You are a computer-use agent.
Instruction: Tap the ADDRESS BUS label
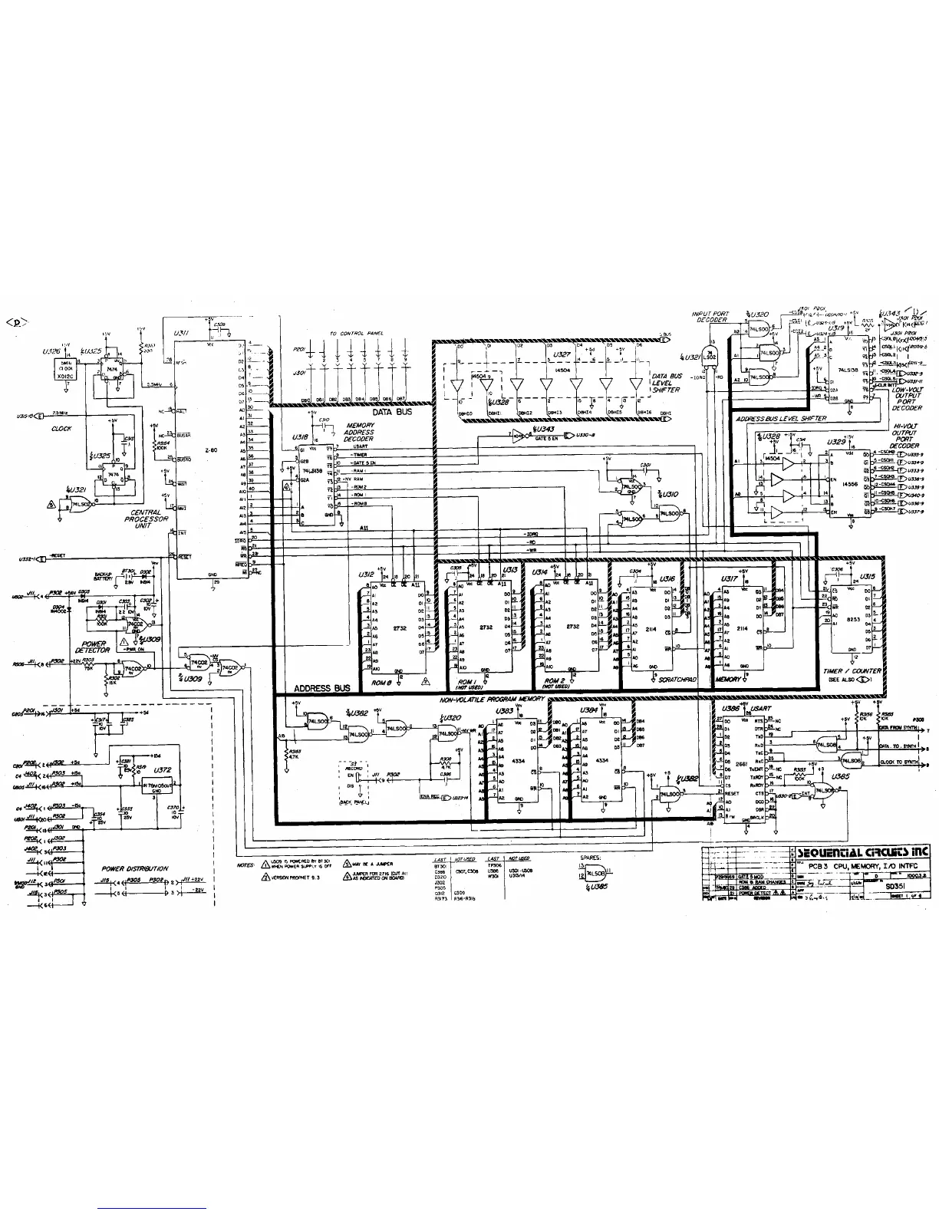(323, 688)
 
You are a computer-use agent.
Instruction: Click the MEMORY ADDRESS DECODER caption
(359, 432)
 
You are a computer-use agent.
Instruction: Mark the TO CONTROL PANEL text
(357, 334)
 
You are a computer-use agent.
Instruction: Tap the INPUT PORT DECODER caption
(710, 317)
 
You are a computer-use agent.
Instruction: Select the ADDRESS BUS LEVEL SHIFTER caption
(781, 419)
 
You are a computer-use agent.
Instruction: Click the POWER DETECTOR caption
(93, 647)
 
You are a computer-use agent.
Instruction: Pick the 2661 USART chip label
(742, 765)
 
